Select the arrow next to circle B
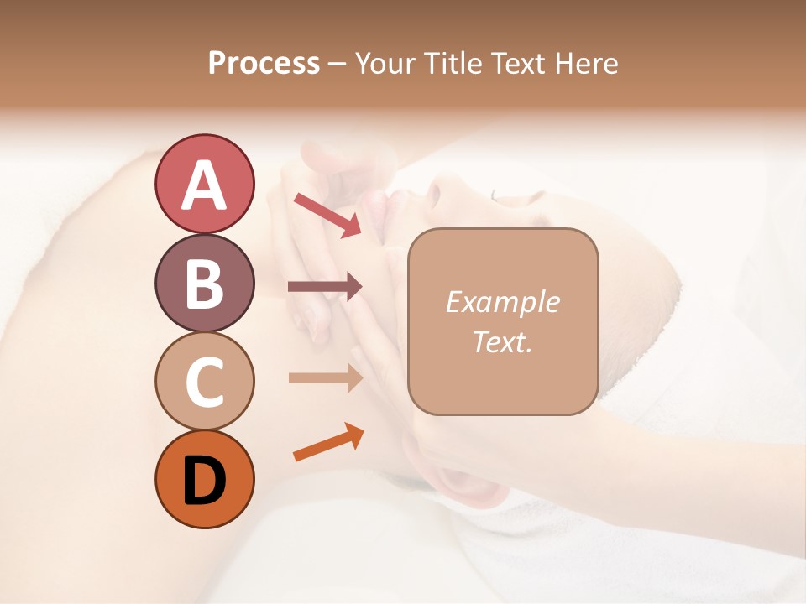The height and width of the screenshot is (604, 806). point(325,287)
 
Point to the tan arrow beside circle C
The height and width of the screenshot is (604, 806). point(325,377)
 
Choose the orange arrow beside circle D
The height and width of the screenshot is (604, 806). point(328,443)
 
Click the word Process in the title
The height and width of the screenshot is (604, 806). point(264,63)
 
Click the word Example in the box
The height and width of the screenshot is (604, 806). point(502,302)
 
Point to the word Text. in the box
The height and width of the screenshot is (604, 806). point(502,341)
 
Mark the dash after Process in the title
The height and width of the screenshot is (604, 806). point(337,64)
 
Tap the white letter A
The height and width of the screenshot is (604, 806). point(204,185)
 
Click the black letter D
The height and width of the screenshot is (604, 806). point(204,481)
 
